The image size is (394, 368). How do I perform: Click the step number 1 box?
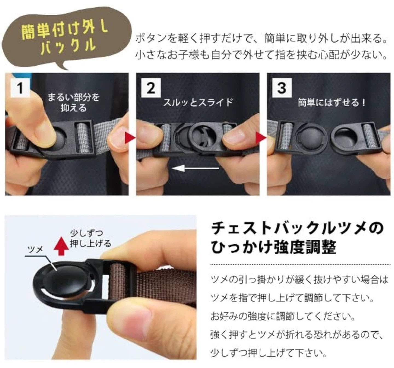(20, 88)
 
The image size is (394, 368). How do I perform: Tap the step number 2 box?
(151, 88)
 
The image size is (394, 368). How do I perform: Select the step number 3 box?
(282, 88)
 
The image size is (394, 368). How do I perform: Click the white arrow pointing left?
(195, 168)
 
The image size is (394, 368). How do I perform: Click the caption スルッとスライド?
(198, 103)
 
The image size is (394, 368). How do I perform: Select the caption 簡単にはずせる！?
(332, 103)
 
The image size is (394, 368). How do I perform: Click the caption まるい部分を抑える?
(74, 103)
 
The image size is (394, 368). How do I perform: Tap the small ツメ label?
(36, 249)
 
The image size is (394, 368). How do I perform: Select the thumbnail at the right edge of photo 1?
(116, 140)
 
